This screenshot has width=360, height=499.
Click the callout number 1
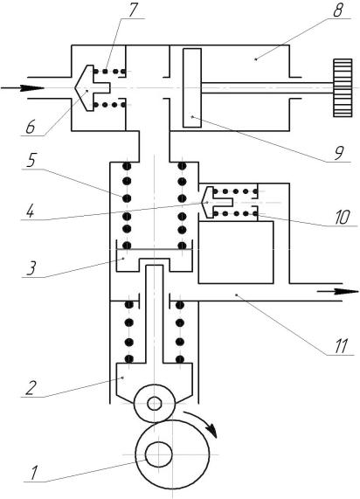tap(34, 473)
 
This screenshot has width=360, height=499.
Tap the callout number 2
tap(31, 388)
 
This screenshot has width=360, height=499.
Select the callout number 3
tap(31, 268)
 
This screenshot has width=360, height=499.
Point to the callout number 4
tap(30, 211)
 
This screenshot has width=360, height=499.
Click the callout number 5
tap(31, 161)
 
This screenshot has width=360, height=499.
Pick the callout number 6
tap(31, 128)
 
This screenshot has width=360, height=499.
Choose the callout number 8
tap(338, 10)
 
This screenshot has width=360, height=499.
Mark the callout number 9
tap(339, 154)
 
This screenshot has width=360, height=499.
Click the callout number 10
tap(343, 218)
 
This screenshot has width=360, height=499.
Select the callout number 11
tap(341, 346)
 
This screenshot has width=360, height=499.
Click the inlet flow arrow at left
tap(22, 88)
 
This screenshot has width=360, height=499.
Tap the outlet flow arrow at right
tap(338, 291)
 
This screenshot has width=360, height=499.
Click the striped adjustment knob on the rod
tap(343, 87)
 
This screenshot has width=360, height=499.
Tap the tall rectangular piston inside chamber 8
tap(192, 88)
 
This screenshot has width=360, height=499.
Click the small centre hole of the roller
tap(155, 404)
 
